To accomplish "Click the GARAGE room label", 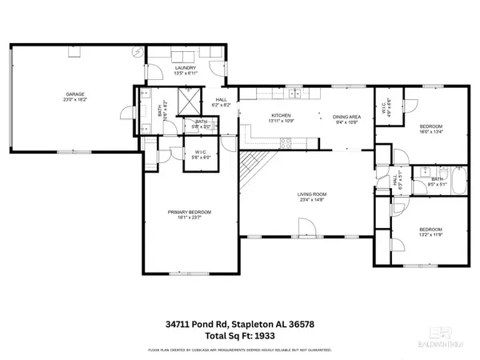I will [75, 94].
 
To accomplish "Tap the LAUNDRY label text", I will [186, 68].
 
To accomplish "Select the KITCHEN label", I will [280, 116].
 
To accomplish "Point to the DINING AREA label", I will [346, 116].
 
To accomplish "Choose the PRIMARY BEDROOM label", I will [189, 212].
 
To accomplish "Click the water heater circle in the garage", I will [138, 50].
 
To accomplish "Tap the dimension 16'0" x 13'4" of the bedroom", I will [430, 133].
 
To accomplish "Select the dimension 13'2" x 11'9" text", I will [430, 236].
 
